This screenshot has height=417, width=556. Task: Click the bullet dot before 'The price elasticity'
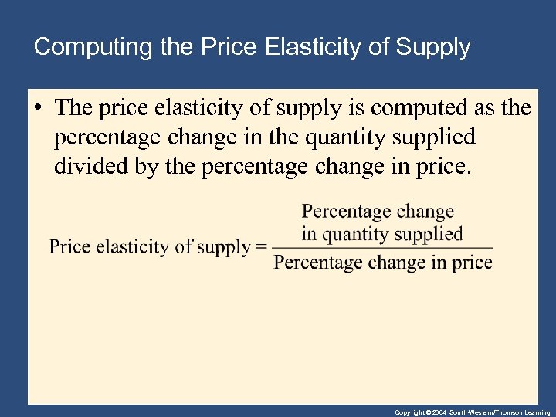pos(38,109)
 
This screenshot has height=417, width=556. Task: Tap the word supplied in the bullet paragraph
pos(437,137)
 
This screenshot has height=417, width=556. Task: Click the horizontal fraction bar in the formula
pos(382,248)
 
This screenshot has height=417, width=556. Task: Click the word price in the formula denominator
pos(472,263)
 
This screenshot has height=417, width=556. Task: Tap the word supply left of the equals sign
pos(224,248)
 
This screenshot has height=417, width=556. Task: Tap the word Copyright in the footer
pos(409,413)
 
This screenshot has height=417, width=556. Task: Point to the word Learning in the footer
pos(536,413)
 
